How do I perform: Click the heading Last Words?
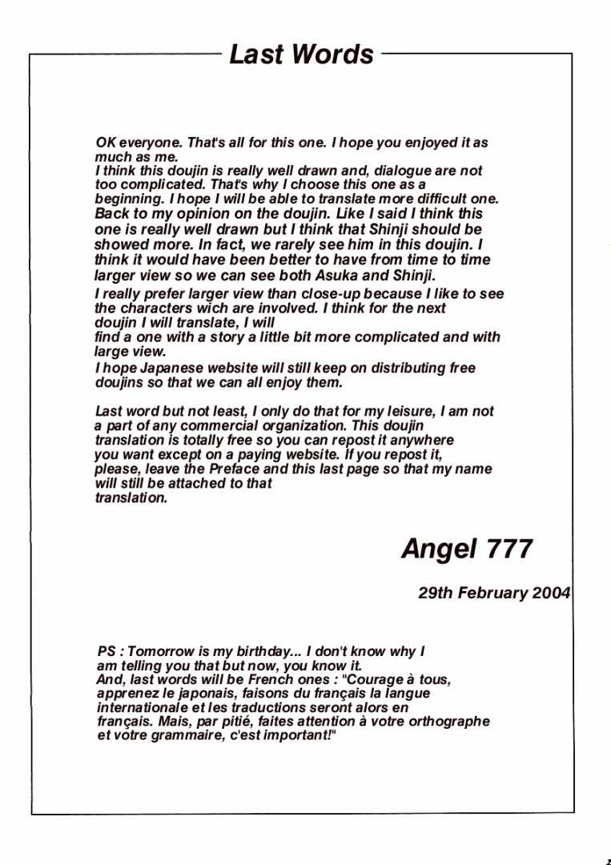[x=301, y=54]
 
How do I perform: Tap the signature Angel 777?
[x=467, y=549]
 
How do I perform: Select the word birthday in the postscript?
[x=267, y=652]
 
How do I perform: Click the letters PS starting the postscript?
[x=107, y=652]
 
